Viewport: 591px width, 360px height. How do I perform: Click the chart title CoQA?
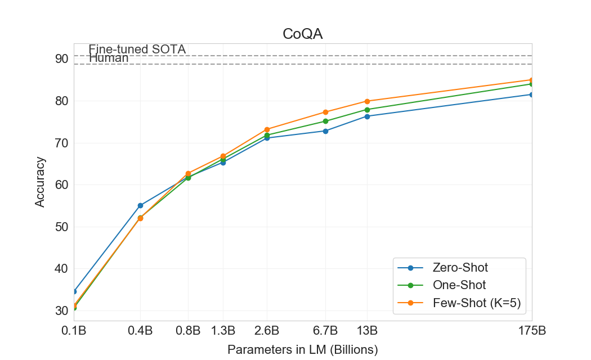pos(302,35)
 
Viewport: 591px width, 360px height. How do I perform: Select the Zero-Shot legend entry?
pos(460,267)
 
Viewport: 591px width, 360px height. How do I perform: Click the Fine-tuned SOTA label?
pos(137,49)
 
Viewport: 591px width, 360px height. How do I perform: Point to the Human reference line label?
pos(109,58)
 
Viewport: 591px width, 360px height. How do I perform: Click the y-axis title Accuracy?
pos(40,182)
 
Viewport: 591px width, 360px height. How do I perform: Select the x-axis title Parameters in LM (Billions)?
pos(302,349)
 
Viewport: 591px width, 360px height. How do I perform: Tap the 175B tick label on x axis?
pos(531,330)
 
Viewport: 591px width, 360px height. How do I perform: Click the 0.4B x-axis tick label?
pos(140,330)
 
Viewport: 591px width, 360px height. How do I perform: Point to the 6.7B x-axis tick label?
pos(325,330)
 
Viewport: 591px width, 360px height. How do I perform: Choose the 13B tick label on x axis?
pos(367,330)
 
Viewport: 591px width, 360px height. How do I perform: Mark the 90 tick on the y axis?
pos(62,59)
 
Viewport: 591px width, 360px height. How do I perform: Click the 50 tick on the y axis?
pos(62,227)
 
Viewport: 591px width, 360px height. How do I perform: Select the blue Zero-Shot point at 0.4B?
pos(140,205)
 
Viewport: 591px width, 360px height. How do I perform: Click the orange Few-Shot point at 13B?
pos(367,101)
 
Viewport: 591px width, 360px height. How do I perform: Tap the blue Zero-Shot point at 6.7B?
pos(325,131)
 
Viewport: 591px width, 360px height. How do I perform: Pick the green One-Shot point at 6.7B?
pos(325,121)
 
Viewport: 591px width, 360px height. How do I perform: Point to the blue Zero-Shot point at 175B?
pos(531,94)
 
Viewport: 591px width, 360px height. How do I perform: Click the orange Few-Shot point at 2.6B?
pos(267,129)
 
